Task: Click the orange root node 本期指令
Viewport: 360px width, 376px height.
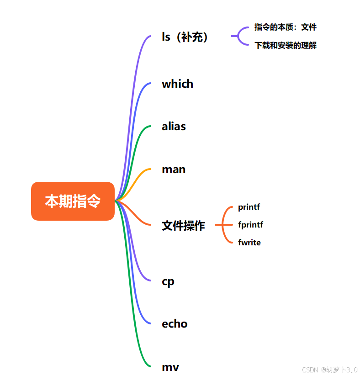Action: (x=73, y=201)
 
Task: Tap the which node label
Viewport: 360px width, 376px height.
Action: (x=177, y=84)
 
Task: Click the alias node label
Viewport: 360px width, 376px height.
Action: (x=174, y=127)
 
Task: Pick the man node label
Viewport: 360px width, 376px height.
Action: (x=174, y=169)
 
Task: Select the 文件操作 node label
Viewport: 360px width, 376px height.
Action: (x=183, y=225)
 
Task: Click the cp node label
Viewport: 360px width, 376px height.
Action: (x=168, y=281)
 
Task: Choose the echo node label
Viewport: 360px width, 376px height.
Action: (x=175, y=324)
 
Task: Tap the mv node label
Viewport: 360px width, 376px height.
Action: (x=170, y=367)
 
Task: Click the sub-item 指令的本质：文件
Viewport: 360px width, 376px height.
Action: (x=285, y=27)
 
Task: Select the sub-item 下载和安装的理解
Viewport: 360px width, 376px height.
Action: (x=285, y=46)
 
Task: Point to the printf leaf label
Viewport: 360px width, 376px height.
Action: (x=249, y=207)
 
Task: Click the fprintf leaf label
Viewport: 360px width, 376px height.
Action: (x=250, y=225)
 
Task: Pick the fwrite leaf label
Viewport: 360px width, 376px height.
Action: (x=249, y=243)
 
